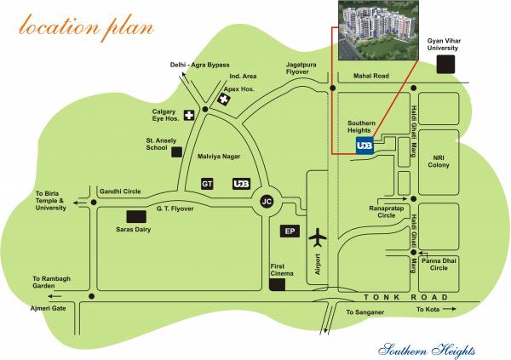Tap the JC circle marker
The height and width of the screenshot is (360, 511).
click(267, 201)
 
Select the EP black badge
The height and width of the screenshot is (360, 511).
click(290, 231)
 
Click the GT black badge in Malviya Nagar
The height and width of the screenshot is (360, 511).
click(207, 183)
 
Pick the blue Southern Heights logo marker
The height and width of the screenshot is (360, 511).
click(364, 146)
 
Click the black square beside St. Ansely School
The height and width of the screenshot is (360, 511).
click(176, 151)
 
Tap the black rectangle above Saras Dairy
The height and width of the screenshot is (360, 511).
click(136, 216)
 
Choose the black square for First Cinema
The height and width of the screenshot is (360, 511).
click(278, 285)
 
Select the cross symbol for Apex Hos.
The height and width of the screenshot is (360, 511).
click(225, 100)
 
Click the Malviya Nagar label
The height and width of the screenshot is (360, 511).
click(221, 157)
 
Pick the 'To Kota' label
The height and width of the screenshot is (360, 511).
click(430, 311)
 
